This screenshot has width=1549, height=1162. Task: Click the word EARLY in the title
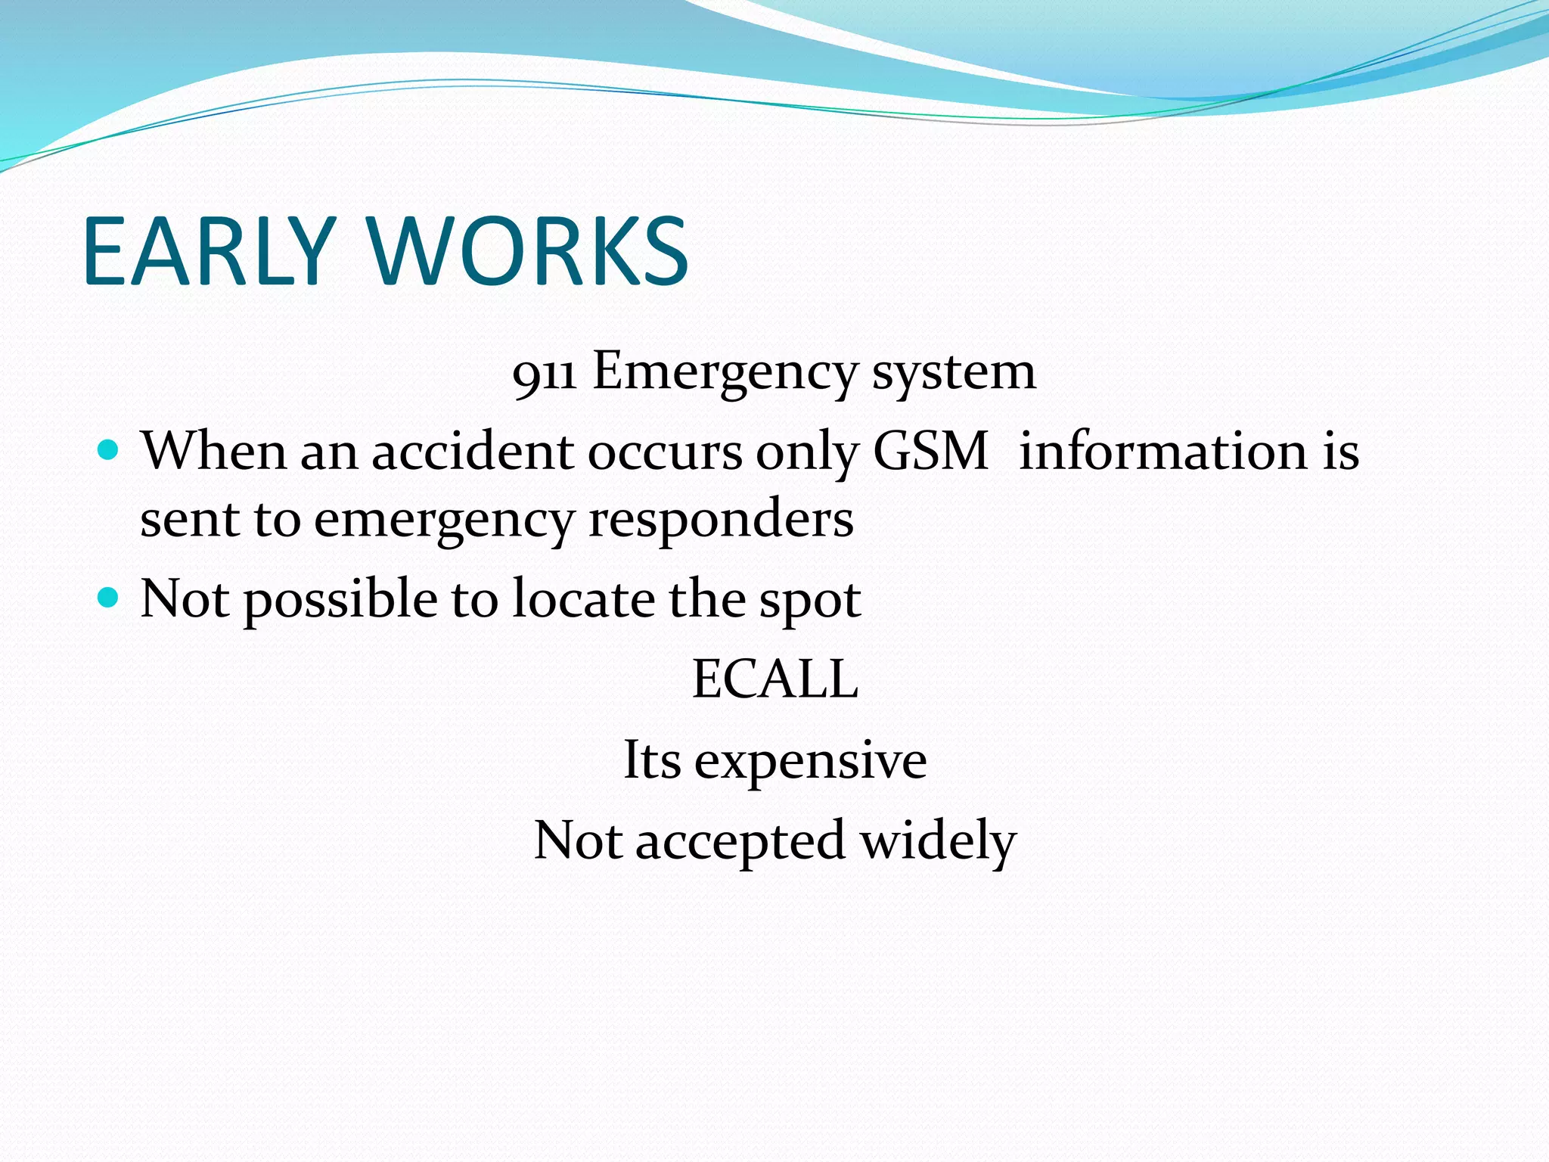tap(208, 251)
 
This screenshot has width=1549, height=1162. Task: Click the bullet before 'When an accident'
tap(109, 451)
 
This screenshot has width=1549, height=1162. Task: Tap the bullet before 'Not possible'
tap(109, 598)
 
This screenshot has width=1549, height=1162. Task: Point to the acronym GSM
tap(930, 452)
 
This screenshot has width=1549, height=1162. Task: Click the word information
tap(1163, 452)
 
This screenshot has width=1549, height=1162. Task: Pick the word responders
tap(721, 520)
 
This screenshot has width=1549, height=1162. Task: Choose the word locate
tap(583, 599)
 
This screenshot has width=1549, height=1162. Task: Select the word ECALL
tap(775, 679)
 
